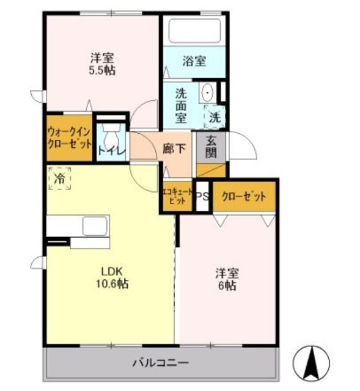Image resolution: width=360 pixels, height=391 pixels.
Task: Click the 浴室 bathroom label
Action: click(x=194, y=60)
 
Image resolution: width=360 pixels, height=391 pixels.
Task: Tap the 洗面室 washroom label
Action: click(x=182, y=104)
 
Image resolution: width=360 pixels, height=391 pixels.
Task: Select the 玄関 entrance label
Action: click(x=211, y=147)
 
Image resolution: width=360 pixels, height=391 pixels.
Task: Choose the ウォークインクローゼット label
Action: click(x=69, y=139)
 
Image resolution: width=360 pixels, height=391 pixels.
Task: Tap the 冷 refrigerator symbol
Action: click(x=60, y=178)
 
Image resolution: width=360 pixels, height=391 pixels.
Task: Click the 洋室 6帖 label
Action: click(x=226, y=279)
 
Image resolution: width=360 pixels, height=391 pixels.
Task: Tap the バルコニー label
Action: click(x=161, y=364)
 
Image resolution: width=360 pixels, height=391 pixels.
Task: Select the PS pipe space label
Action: click(x=203, y=197)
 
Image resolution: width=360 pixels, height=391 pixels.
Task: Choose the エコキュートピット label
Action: click(x=177, y=196)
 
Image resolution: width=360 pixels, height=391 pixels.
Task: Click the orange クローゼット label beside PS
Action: click(x=244, y=197)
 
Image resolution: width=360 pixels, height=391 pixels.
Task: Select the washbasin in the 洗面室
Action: click(x=208, y=93)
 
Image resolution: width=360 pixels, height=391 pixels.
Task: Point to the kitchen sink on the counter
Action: click(x=95, y=224)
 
